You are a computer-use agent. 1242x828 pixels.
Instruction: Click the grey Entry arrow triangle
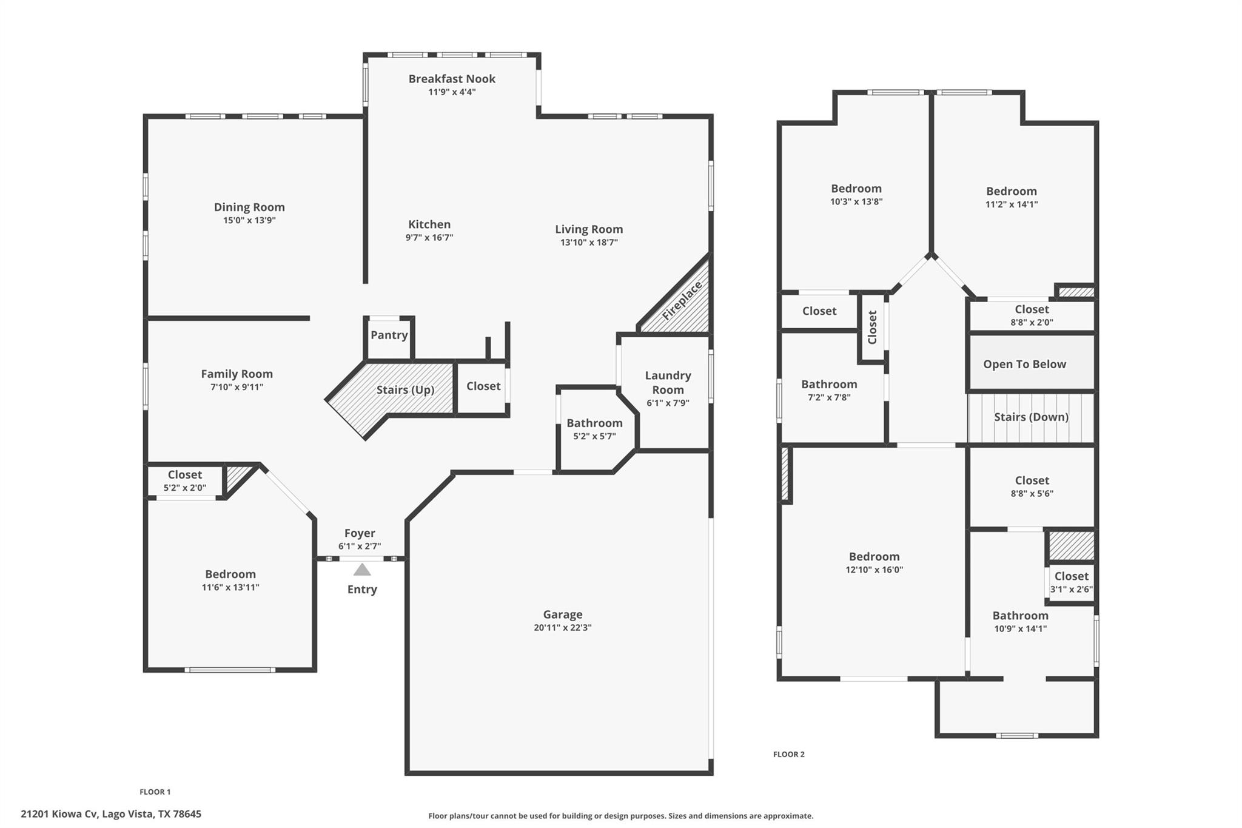[x=362, y=570]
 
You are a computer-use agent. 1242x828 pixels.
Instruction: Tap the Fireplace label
[x=682, y=301]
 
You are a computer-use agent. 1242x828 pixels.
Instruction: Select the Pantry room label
[x=389, y=335]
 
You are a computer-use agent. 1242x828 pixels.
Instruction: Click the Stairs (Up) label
[x=405, y=390]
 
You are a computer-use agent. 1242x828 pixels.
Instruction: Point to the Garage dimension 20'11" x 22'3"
[x=562, y=628]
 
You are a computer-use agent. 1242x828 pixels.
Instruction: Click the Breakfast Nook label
[x=452, y=79]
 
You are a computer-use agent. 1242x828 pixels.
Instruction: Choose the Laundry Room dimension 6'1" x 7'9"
[x=667, y=403]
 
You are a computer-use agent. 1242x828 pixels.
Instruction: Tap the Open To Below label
[x=1024, y=365]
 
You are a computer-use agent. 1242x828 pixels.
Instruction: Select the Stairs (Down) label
[x=1031, y=417]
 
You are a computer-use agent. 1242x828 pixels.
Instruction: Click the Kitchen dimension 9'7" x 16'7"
[x=429, y=238]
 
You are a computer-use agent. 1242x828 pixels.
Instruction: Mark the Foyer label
[x=360, y=533]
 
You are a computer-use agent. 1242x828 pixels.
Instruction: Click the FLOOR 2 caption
[x=788, y=755]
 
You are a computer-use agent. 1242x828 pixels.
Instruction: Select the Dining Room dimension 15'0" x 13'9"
[x=249, y=221]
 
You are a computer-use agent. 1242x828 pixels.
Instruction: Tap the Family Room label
[x=237, y=374]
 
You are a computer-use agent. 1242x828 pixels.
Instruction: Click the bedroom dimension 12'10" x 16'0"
[x=874, y=570]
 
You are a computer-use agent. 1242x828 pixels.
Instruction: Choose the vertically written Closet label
[x=873, y=328]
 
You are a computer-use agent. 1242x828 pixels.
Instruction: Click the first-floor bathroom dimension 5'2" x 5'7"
[x=594, y=436]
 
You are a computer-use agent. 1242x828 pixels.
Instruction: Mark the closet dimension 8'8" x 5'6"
[x=1032, y=494]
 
